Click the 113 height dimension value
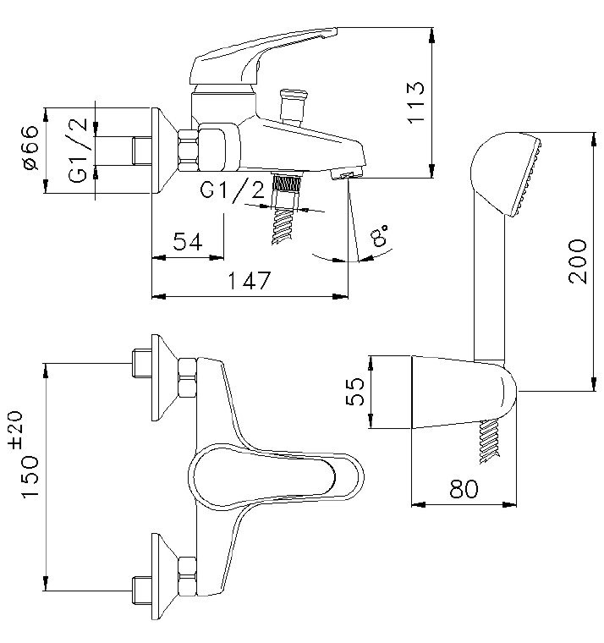tap(417, 102)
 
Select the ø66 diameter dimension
tap(30, 148)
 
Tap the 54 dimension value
tap(187, 242)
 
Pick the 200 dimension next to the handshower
tap(577, 261)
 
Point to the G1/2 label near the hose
tap(232, 191)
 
